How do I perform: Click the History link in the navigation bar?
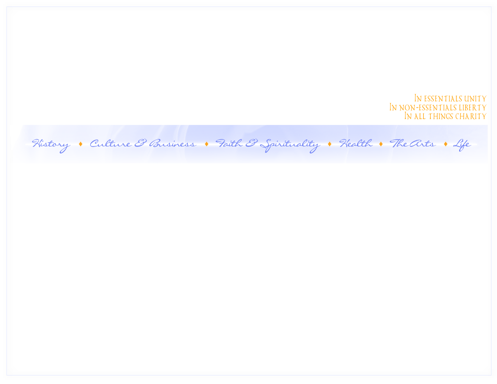pyautogui.click(x=50, y=144)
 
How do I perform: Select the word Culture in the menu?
pyautogui.click(x=110, y=144)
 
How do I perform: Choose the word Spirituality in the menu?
pyautogui.click(x=289, y=144)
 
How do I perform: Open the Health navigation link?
pyautogui.click(x=356, y=144)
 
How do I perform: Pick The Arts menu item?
pyautogui.click(x=412, y=144)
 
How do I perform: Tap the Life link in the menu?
pyautogui.click(x=461, y=144)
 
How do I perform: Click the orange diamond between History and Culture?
pyautogui.click(x=80, y=144)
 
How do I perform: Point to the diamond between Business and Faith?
pyautogui.click(x=207, y=144)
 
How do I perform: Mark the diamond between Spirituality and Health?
pyautogui.click(x=330, y=144)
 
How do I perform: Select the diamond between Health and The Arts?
pyautogui.click(x=381, y=144)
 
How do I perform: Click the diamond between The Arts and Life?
pyautogui.click(x=445, y=144)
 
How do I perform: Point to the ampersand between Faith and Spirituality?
pyautogui.click(x=251, y=144)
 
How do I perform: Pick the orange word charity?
pyautogui.click(x=471, y=117)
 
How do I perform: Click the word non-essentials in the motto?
pyautogui.click(x=427, y=108)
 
